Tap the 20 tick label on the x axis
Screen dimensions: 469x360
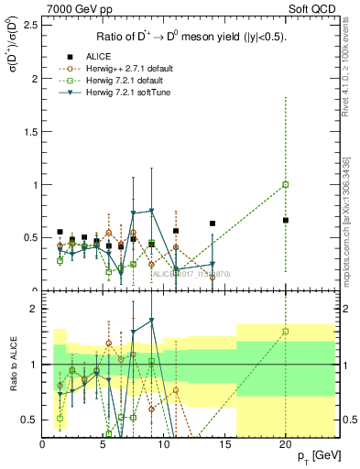click(285, 444)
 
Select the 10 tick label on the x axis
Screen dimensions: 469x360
click(164, 444)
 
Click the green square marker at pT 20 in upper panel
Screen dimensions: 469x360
click(285, 184)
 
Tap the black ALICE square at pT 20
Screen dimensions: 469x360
click(285, 220)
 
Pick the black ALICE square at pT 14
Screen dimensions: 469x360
click(213, 224)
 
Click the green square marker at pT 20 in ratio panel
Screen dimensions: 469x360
click(285, 332)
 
